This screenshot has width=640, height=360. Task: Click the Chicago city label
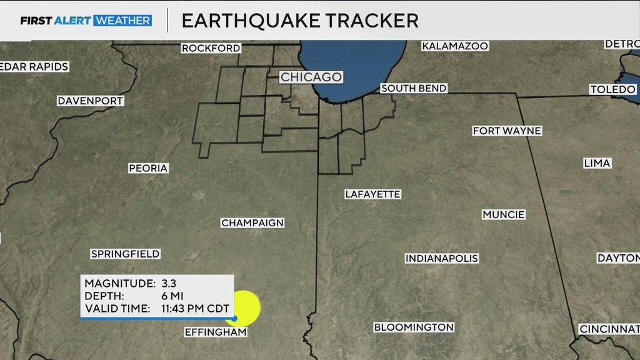[311, 77]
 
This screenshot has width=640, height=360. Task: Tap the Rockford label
[211, 48]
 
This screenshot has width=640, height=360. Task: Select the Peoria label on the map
[148, 168]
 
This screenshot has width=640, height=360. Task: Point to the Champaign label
[252, 223]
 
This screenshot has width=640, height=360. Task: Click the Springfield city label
[125, 254]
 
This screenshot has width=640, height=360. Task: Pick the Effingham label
[216, 332]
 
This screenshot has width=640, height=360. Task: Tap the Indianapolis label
[441, 258]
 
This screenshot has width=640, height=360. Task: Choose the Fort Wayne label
[507, 131]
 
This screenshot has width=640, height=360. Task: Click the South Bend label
[414, 89]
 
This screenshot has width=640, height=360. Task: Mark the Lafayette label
[372, 194]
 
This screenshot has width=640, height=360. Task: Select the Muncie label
[504, 214]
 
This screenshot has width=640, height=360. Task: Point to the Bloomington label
[414, 327]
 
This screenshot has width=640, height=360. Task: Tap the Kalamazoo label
[455, 46]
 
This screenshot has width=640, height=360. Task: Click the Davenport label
[91, 101]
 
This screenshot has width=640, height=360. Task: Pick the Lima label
[597, 163]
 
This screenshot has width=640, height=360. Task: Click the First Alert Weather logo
[86, 21]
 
